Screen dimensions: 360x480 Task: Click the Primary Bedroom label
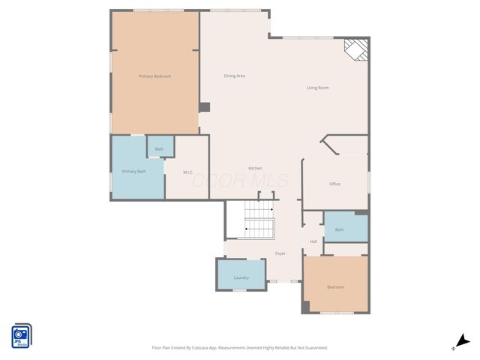point(154,76)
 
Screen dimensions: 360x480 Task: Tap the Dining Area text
point(235,76)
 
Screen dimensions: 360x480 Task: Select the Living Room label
point(317,88)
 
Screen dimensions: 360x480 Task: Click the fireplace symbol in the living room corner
point(356,49)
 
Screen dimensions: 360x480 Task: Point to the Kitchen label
point(256,168)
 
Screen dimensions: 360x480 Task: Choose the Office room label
point(335,184)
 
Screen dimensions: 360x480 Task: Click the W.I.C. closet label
point(189,172)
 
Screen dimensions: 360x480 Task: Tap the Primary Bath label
point(133,172)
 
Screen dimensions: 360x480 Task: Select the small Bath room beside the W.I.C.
point(159,149)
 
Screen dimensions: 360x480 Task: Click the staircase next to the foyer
point(259,220)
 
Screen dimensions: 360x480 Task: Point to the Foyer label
point(280,253)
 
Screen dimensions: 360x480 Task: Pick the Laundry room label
point(241,278)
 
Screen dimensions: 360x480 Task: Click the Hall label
point(313,241)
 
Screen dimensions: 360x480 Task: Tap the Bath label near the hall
point(340,229)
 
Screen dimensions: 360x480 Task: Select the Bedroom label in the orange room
point(335,287)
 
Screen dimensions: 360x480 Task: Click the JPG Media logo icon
point(21,336)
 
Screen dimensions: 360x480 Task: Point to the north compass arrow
point(464,340)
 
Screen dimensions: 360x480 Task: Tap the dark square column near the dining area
point(204,107)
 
